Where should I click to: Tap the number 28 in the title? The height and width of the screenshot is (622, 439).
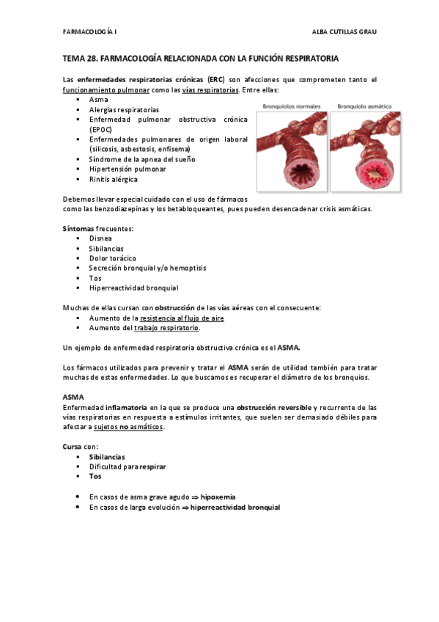point(93,56)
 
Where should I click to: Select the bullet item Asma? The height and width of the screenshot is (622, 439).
point(98,99)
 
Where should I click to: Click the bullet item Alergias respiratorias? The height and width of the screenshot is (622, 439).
point(124,109)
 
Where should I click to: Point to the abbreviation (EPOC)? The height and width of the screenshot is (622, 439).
point(102,128)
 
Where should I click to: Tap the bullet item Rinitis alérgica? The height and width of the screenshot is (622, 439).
point(113,179)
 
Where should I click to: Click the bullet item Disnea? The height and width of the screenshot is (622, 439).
point(101,238)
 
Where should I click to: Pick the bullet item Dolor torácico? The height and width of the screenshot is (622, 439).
point(112,258)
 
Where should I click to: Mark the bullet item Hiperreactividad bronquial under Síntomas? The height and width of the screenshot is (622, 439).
point(133,288)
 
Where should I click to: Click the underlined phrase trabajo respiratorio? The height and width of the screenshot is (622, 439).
point(166,328)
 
